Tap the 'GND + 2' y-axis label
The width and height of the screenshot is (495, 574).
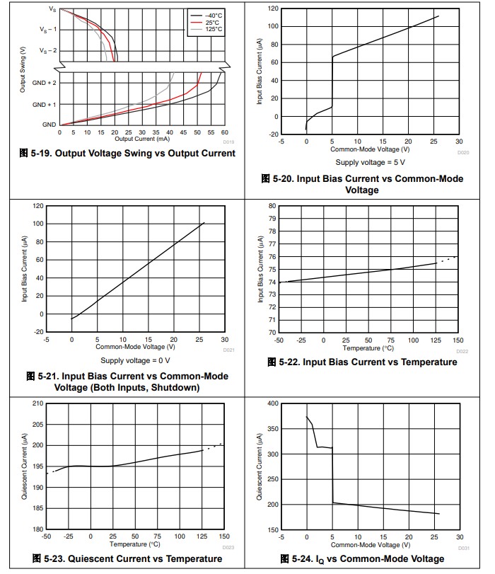click(45, 83)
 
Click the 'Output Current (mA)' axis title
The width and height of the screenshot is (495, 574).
click(142, 138)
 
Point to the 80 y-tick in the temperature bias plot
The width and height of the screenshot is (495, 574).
click(272, 206)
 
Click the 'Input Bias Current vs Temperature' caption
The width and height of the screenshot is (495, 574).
click(363, 362)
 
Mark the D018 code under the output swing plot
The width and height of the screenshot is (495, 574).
click(228, 141)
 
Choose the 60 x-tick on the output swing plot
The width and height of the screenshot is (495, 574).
click(224, 132)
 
